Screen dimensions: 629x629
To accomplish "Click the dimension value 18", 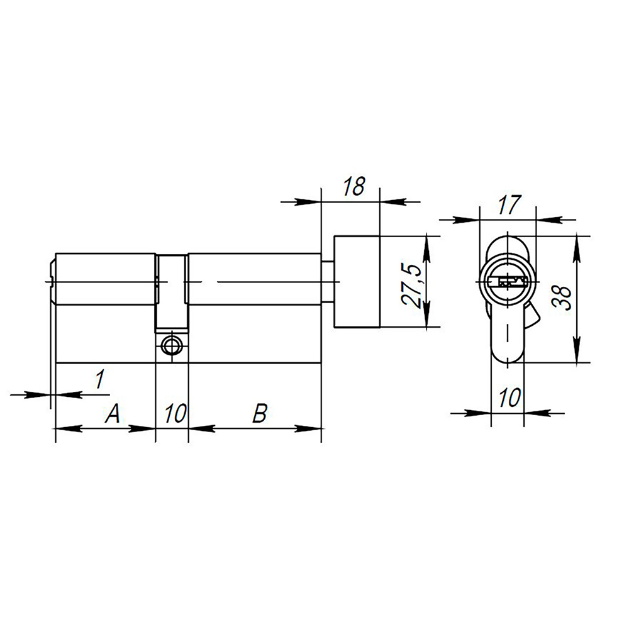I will point(354,187).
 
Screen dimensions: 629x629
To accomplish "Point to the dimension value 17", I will point(508,204).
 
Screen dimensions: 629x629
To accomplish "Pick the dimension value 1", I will point(99,379).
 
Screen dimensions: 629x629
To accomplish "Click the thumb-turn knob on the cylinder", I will point(357,281).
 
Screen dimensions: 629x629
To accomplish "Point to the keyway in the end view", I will point(508,281).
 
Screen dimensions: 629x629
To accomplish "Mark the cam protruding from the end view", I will point(531,314).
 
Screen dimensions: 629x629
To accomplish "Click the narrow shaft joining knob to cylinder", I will point(328,281).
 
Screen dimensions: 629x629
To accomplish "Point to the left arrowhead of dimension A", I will point(65,428).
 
